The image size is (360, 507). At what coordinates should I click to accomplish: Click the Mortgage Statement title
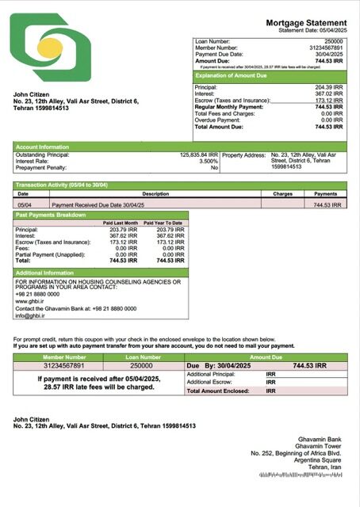click(305, 25)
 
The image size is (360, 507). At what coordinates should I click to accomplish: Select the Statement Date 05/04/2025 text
click(312, 32)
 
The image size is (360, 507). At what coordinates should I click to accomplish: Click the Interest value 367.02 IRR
click(328, 93)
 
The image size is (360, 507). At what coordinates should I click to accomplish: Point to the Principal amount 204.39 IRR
click(328, 87)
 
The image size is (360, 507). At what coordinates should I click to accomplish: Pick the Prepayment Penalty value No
click(213, 168)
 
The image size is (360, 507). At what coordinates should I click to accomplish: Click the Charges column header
click(282, 193)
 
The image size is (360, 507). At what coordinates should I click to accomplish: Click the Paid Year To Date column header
click(163, 223)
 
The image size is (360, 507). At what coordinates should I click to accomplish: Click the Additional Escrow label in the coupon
click(212, 382)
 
